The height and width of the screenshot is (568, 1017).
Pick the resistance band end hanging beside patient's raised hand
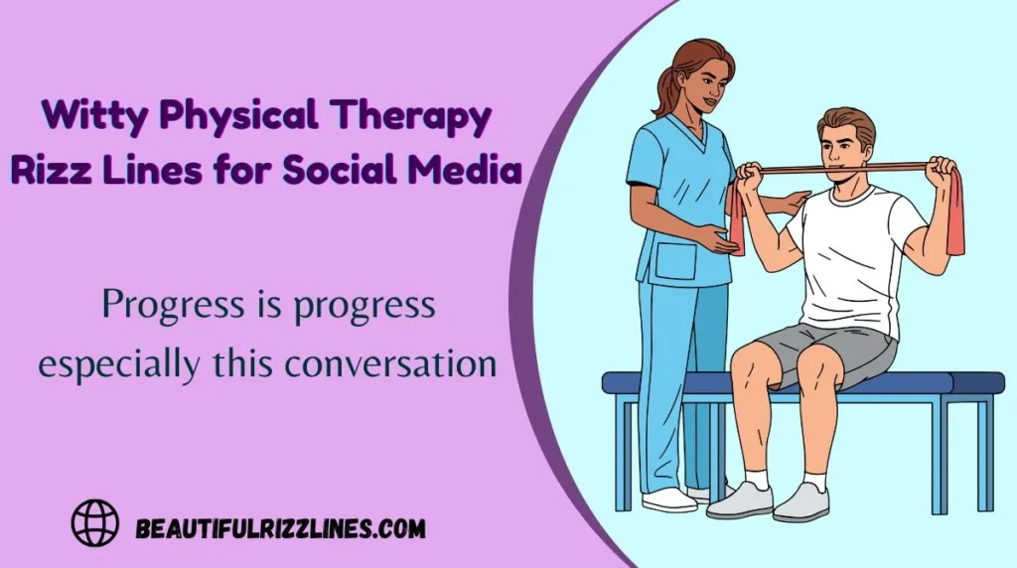(954, 213)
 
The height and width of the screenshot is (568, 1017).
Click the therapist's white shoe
(668, 499)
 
